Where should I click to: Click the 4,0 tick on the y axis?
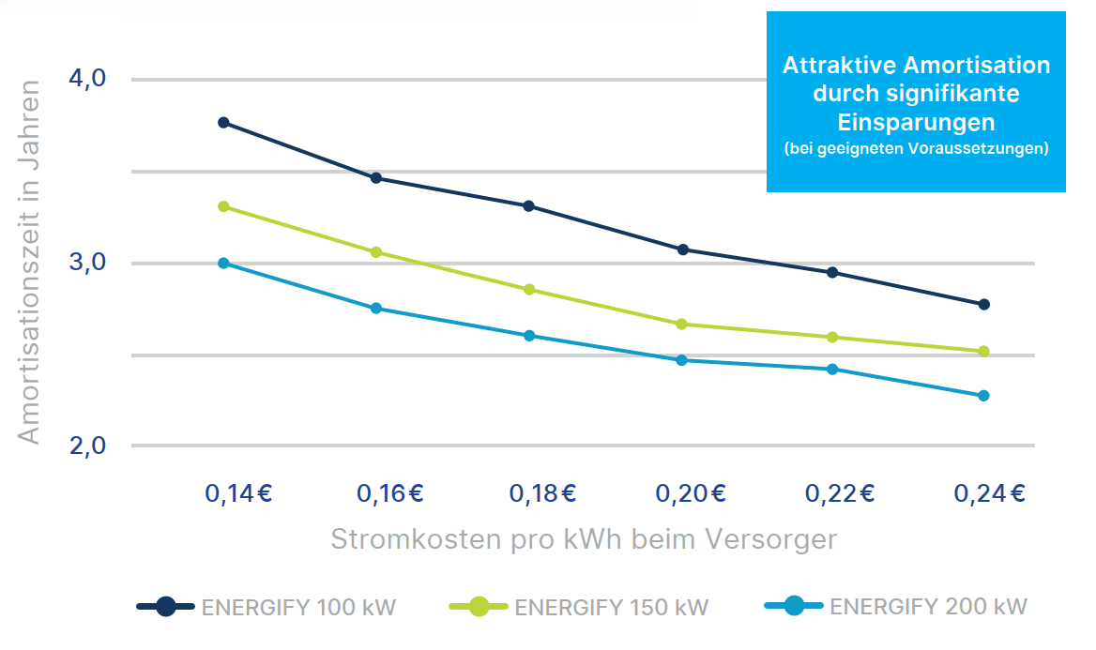[88, 79]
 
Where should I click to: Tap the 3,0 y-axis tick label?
[88, 263]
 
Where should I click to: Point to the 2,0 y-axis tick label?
[88, 446]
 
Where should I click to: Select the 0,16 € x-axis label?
[390, 493]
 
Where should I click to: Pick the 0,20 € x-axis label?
[691, 493]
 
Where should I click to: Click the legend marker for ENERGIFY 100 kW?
[166, 607]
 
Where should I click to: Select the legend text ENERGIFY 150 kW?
[612, 608]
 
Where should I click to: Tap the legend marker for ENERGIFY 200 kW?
[794, 607]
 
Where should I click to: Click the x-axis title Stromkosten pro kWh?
[583, 540]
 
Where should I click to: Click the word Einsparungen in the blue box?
[916, 123]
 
